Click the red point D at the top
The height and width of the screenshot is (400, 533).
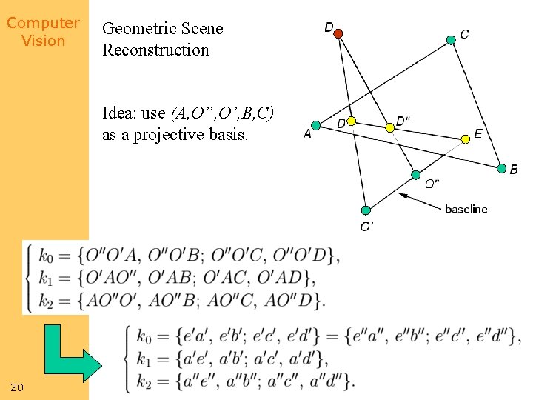tap(338, 33)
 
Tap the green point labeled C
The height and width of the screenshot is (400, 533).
tap(452, 39)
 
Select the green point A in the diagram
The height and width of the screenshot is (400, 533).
tap(316, 125)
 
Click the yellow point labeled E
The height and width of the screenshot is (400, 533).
tap(466, 139)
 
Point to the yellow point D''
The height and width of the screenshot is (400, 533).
tap(390, 127)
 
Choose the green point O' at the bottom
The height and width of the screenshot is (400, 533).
tap(366, 210)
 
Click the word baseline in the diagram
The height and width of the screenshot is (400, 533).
tap(466, 209)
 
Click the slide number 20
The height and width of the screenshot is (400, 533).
tap(17, 387)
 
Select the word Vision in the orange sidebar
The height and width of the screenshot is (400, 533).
tap(43, 41)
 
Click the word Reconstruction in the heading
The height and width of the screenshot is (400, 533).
tap(155, 50)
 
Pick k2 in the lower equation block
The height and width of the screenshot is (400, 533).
tap(146, 381)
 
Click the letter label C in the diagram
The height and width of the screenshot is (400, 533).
tap(464, 34)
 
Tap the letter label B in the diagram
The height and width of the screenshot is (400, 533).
tap(514, 170)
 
